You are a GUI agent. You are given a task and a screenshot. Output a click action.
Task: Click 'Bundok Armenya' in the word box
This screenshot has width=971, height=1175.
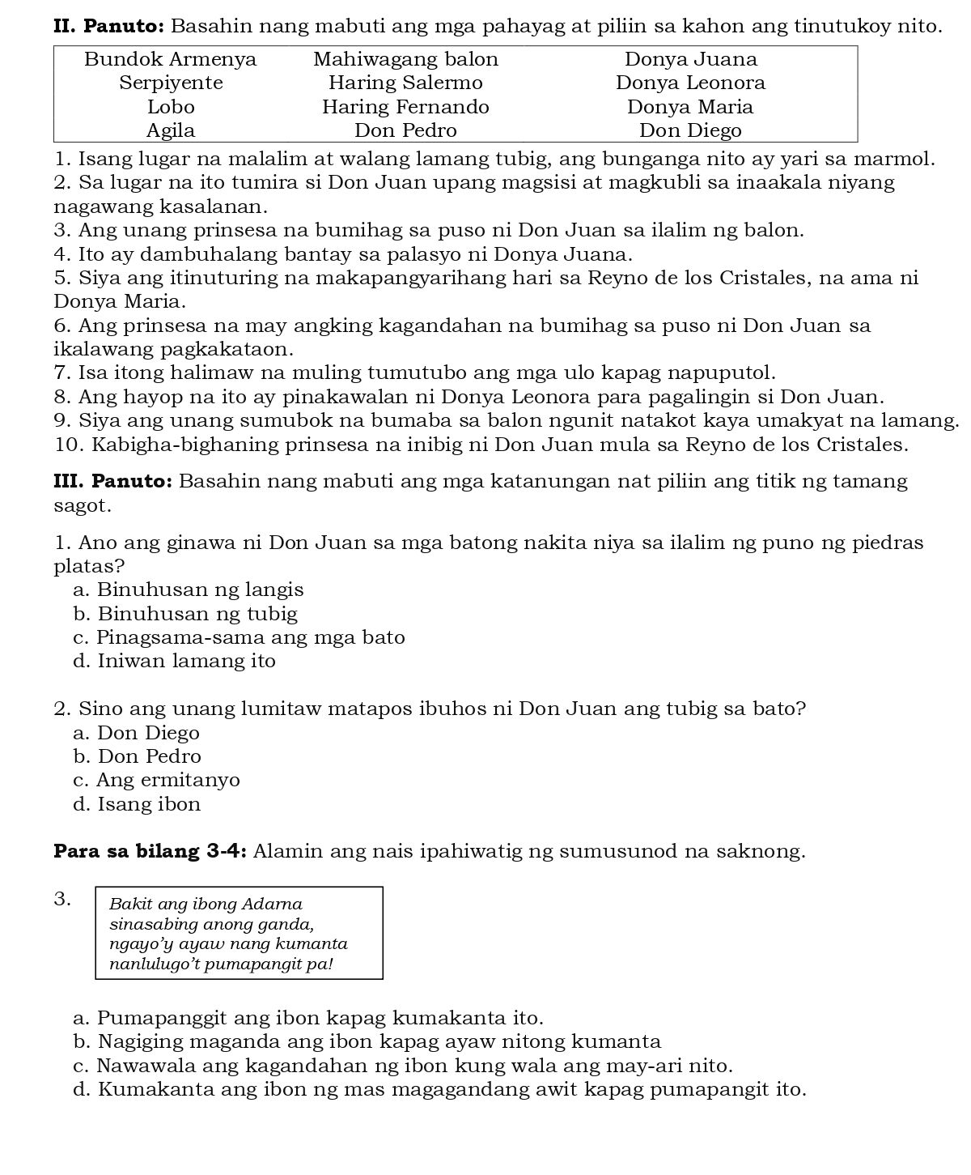tap(170, 59)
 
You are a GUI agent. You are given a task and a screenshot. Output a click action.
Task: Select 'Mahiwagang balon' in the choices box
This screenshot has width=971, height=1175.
tap(405, 59)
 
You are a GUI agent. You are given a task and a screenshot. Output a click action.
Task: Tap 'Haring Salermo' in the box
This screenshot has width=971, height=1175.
tap(405, 83)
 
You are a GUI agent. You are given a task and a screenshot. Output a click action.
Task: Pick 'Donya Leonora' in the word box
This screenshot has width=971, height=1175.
tap(690, 83)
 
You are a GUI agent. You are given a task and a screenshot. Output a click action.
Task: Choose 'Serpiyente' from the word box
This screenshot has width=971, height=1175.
tap(171, 83)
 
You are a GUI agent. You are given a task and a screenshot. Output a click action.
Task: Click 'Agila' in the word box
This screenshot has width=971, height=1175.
tap(171, 130)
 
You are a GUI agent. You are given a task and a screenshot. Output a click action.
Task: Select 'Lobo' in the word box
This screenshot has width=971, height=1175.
tap(171, 107)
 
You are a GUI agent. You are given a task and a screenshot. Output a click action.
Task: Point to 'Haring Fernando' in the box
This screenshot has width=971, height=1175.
tap(405, 107)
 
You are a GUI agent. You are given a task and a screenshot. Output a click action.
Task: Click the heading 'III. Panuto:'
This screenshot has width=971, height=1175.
tap(112, 481)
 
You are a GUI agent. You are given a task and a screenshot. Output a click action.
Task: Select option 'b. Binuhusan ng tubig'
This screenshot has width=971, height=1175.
tap(185, 614)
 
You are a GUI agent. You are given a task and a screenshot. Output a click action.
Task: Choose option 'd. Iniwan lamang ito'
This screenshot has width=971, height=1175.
tap(174, 661)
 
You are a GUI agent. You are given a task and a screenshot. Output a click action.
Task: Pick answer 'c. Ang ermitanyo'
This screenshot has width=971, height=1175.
tap(156, 780)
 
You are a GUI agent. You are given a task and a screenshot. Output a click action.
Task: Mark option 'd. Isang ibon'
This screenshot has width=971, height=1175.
tap(137, 804)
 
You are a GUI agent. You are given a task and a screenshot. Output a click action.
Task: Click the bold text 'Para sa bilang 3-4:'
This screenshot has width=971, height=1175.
tap(153, 852)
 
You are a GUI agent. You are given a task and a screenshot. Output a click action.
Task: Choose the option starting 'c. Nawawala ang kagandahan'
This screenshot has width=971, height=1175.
tap(403, 1065)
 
